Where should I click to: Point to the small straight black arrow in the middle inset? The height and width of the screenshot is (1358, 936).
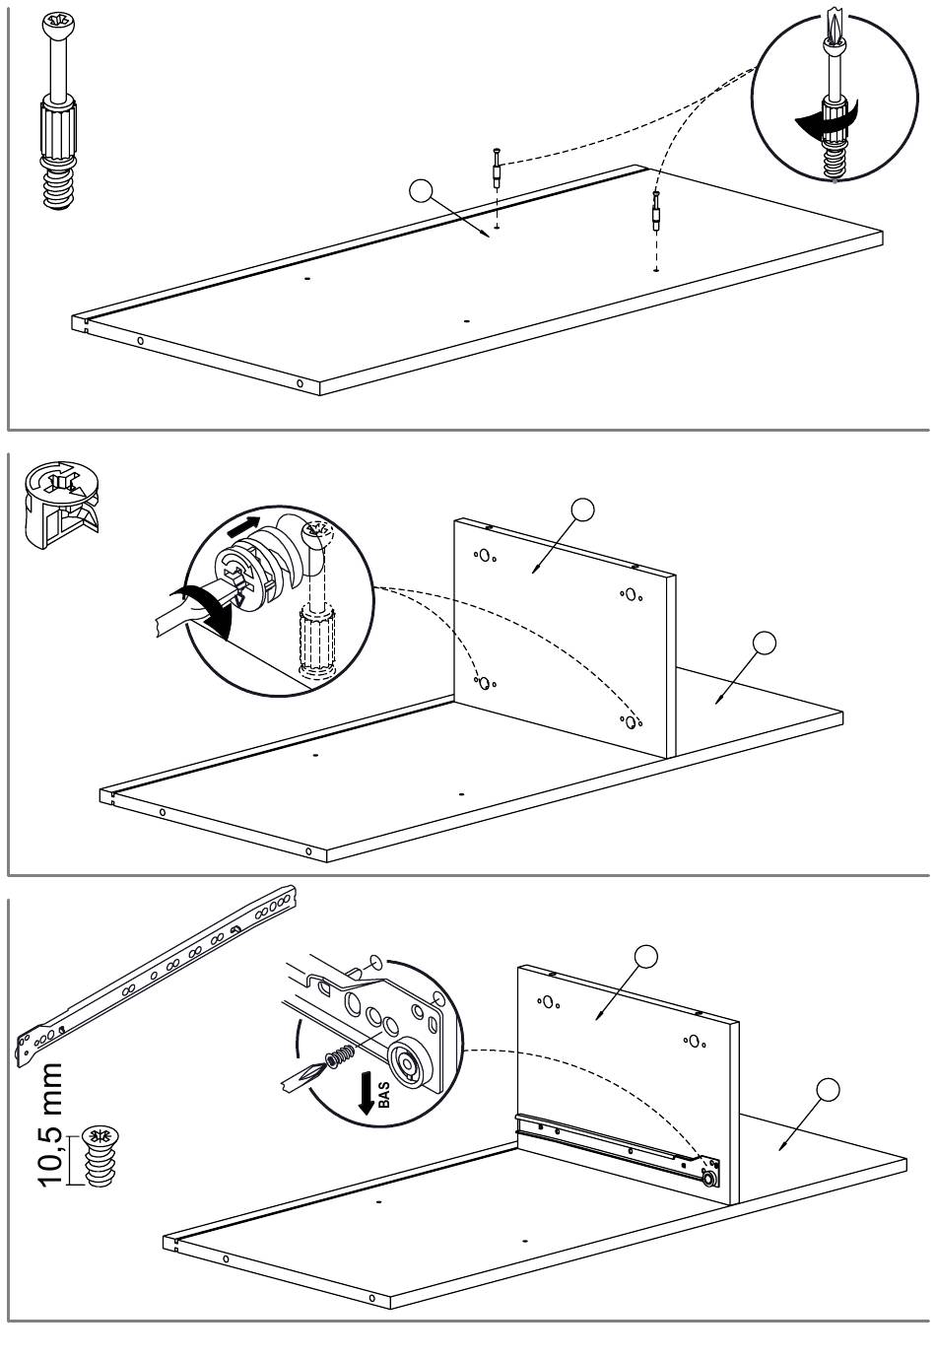243,528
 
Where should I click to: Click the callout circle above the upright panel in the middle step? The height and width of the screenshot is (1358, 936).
583,509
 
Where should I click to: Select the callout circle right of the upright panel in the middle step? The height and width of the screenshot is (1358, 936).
764,644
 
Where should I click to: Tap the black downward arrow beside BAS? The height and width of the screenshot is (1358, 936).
367,1094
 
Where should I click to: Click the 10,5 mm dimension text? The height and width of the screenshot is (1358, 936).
52,1124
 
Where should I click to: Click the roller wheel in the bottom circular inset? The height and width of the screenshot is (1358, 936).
407,1064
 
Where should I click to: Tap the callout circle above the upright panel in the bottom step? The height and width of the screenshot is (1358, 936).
646,956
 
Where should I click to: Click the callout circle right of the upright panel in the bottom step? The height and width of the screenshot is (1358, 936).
829,1089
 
